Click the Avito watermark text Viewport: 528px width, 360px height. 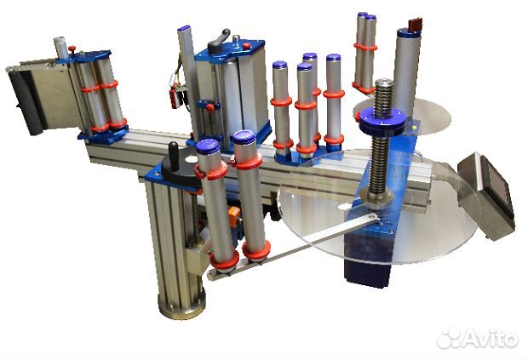point(477,338)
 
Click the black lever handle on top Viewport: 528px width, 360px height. point(219,40)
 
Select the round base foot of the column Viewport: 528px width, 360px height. point(181,305)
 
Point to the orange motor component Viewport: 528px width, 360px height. point(234,216)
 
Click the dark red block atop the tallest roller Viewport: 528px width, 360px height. point(415,24)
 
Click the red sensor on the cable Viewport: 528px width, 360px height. point(175,98)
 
